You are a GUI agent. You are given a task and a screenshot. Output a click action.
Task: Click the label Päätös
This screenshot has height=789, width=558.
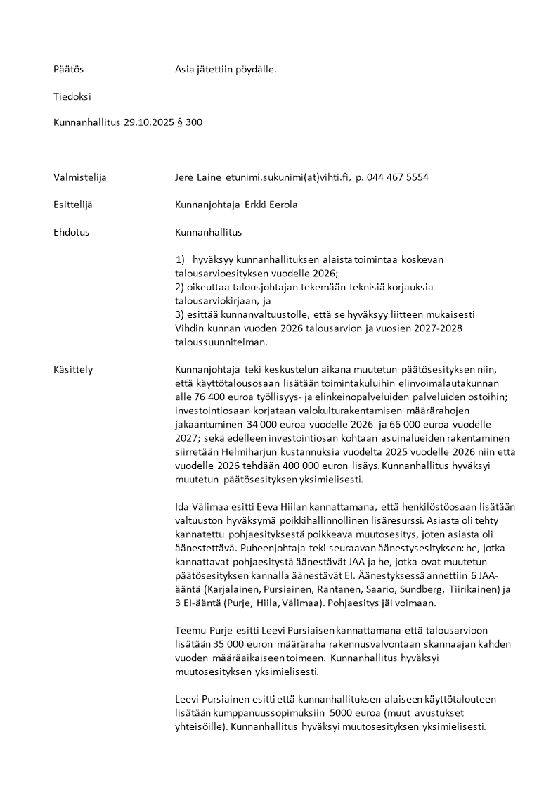[x=68, y=70]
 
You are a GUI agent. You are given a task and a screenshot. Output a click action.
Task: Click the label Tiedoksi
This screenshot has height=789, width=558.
[x=72, y=96]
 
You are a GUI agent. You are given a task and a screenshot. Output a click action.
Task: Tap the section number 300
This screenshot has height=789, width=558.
[x=194, y=122]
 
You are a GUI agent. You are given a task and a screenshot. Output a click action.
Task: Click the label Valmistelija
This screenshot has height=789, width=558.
[x=79, y=177]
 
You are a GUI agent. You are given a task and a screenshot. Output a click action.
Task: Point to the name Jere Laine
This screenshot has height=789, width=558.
[x=196, y=177]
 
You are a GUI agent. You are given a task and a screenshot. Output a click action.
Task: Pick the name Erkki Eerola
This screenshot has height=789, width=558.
[x=271, y=205]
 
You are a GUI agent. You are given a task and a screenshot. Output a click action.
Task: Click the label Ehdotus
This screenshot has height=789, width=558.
[x=71, y=231]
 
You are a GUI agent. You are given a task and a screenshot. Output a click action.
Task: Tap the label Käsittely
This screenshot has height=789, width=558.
[x=73, y=369]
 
